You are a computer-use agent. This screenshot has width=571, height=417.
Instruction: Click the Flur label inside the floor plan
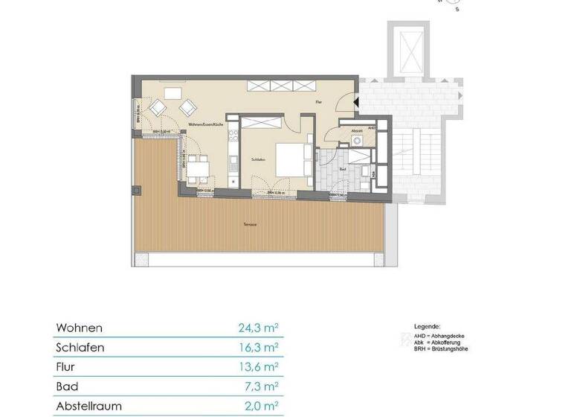tap(318, 101)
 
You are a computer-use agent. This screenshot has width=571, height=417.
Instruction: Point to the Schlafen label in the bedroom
tap(258, 159)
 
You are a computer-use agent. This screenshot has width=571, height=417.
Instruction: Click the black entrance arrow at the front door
tap(355, 102)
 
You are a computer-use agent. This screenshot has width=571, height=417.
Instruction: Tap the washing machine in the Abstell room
tap(358, 139)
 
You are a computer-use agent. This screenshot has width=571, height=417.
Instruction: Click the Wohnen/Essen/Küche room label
tap(205, 124)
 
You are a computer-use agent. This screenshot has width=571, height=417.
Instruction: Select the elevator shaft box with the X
tap(407, 48)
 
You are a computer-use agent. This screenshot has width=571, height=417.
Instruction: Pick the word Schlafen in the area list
tap(79, 348)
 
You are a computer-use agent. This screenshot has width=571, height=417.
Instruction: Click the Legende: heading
tap(427, 327)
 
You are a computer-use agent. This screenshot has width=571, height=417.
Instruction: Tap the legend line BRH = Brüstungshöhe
tap(441, 349)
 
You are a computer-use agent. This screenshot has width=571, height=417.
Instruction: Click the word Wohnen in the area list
tap(79, 328)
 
